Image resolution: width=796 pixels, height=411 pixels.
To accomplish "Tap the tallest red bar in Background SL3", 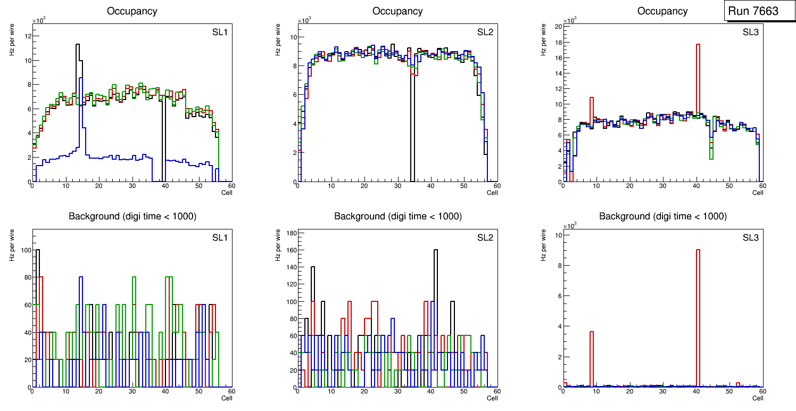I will click(698, 319).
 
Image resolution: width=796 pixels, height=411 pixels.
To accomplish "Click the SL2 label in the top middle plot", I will click(485, 32).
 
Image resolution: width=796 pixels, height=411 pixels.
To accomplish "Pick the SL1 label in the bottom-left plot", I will click(219, 237).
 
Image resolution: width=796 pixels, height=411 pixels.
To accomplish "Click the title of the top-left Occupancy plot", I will click(132, 11).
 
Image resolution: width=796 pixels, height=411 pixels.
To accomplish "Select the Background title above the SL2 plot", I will click(397, 216).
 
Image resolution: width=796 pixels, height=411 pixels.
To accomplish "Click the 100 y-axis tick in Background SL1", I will click(23, 250).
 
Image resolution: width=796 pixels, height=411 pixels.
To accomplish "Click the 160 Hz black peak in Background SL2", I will click(436, 298).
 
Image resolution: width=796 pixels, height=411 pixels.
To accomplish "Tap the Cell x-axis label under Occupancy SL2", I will click(492, 193).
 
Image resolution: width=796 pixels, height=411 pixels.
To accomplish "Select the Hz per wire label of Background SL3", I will click(543, 245).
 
